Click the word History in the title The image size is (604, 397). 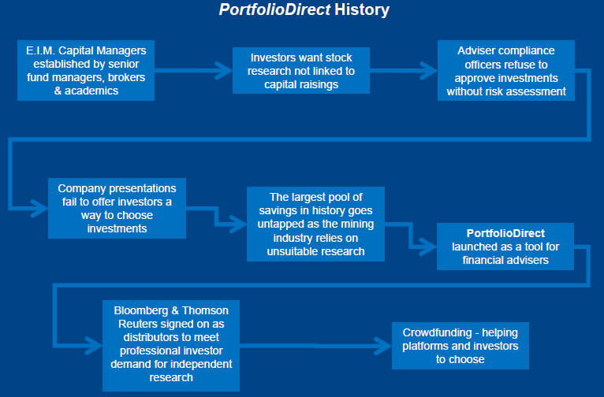[x=362, y=9]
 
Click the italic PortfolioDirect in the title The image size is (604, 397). [x=274, y=9]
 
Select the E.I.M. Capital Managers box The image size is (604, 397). [x=86, y=70]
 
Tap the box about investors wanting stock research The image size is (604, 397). [x=301, y=70]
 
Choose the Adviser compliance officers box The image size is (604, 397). [x=506, y=70]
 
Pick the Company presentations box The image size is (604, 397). [x=117, y=208]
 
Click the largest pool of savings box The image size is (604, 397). [x=316, y=224]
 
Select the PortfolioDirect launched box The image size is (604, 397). [x=505, y=247]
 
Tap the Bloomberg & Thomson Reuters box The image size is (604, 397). [x=171, y=346]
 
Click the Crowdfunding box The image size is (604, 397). [x=460, y=346]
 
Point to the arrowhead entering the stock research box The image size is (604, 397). [x=224, y=70]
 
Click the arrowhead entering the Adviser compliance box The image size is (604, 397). [x=429, y=70]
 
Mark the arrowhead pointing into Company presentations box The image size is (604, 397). [x=39, y=208]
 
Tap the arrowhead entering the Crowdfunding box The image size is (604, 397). [x=383, y=346]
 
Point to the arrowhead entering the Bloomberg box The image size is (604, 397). [x=94, y=346]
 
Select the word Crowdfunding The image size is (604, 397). [x=437, y=332]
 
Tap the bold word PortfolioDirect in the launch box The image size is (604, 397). [x=505, y=233]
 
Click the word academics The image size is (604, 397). [x=91, y=91]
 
